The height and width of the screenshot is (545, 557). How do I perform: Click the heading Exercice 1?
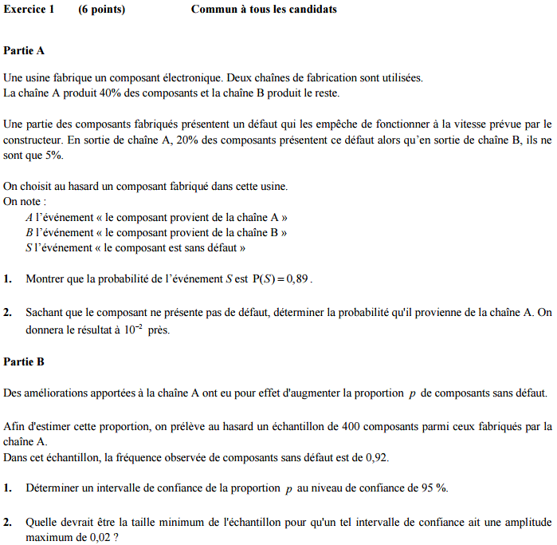pyautogui.click(x=29, y=10)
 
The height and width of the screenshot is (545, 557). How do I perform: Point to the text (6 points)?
pyautogui.click(x=102, y=10)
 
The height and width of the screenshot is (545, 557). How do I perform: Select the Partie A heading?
pyautogui.click(x=24, y=50)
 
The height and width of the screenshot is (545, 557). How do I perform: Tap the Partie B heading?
pyautogui.click(x=24, y=361)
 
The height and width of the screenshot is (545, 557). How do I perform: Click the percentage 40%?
pyautogui.click(x=112, y=93)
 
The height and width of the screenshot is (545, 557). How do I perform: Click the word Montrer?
pyautogui.click(x=45, y=279)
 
